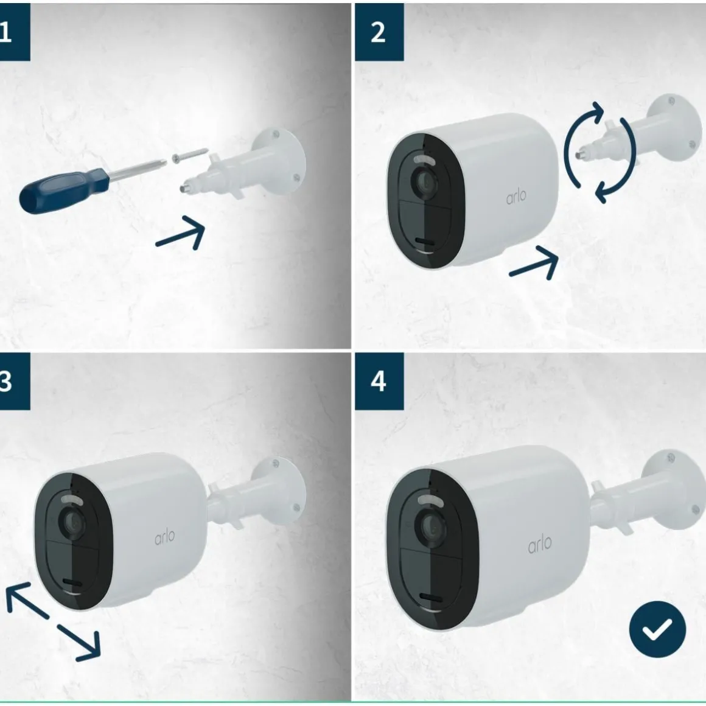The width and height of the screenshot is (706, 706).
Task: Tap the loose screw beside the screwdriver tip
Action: [189, 155]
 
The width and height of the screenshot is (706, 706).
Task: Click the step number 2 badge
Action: [379, 32]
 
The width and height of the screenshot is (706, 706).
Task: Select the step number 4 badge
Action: [379, 382]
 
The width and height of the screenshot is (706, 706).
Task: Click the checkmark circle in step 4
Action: [657, 629]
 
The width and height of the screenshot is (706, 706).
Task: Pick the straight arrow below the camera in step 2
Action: [534, 264]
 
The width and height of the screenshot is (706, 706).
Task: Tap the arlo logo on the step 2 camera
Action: [516, 197]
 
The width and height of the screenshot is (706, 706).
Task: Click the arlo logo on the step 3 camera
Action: [164, 537]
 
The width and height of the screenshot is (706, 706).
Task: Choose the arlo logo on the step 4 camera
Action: [539, 544]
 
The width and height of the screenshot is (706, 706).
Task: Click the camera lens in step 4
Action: [430, 527]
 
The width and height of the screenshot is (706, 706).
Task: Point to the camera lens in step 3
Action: [72, 522]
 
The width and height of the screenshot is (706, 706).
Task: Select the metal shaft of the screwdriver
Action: [138, 169]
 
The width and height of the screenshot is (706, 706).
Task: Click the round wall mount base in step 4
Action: [674, 489]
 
